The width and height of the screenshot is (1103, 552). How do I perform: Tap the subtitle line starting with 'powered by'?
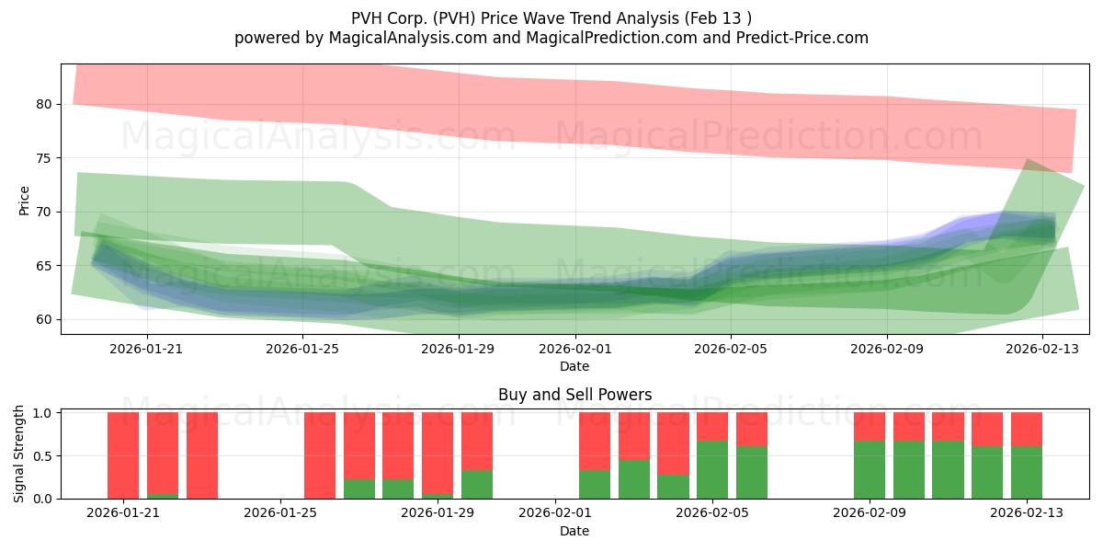(x=551, y=38)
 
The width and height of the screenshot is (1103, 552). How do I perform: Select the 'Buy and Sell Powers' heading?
(x=574, y=395)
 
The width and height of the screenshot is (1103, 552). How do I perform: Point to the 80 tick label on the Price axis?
(x=43, y=105)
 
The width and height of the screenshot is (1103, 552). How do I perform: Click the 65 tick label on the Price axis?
(x=43, y=266)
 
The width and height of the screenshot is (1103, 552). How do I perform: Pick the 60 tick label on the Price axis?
(x=43, y=319)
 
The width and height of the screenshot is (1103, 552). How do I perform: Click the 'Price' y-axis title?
(x=24, y=201)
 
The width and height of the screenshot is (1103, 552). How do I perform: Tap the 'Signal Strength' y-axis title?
(x=18, y=454)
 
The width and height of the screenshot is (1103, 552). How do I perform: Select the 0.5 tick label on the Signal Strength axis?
(x=43, y=456)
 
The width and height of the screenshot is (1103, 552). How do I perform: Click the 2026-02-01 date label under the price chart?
(x=575, y=349)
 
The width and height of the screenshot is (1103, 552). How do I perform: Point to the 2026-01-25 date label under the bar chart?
(x=280, y=513)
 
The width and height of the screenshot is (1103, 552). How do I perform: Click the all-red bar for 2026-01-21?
(x=123, y=455)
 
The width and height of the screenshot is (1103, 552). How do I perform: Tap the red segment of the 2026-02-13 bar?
(x=1026, y=430)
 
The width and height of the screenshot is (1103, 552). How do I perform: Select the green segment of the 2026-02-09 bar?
(x=870, y=470)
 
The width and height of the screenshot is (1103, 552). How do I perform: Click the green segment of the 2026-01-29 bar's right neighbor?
(x=477, y=485)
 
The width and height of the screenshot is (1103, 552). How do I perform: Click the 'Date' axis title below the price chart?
(x=574, y=366)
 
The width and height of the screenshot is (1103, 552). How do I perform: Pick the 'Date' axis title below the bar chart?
(x=574, y=531)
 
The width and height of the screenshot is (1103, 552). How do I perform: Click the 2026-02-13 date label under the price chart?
(x=1042, y=349)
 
